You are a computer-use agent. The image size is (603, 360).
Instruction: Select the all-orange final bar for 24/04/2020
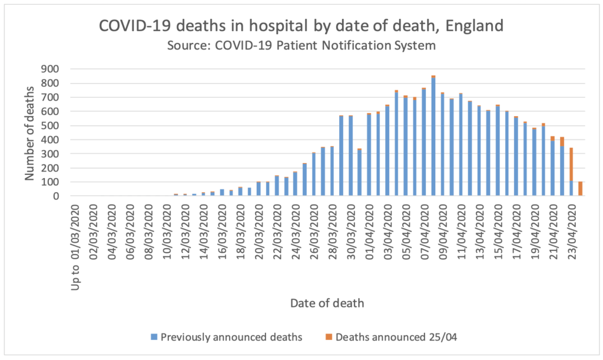tap(580, 189)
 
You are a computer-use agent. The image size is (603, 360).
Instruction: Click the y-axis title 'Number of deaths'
tap(29, 133)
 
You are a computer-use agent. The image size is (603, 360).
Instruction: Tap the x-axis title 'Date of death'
tap(327, 304)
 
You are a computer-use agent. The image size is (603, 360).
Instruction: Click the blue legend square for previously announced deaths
tap(154, 337)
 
